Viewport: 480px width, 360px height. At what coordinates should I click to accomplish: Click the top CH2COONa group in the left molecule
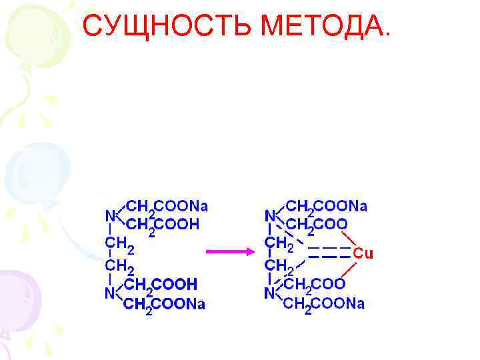[167, 206]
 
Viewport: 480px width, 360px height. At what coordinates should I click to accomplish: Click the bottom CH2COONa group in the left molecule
[165, 305]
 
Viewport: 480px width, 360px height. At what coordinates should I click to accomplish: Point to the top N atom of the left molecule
[110, 215]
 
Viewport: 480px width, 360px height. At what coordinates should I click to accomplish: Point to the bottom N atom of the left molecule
[109, 293]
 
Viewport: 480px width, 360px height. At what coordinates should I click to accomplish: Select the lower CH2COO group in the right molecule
[314, 285]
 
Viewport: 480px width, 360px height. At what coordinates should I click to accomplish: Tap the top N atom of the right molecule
[270, 215]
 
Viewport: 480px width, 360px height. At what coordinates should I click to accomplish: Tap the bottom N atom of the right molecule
[269, 293]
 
